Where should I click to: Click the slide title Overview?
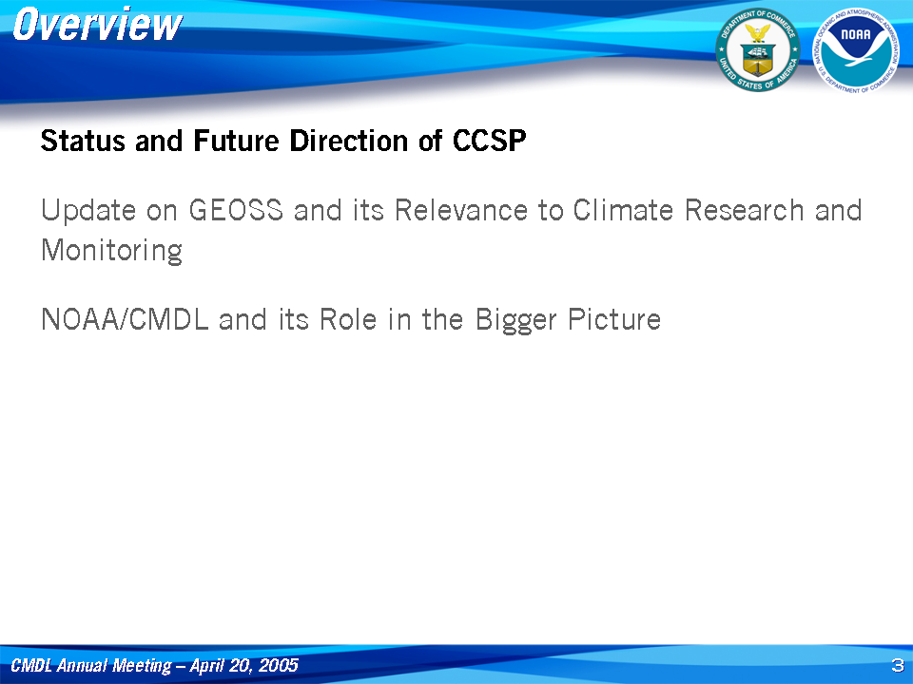[97, 25]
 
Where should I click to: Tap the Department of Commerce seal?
[758, 50]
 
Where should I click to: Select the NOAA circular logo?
[856, 50]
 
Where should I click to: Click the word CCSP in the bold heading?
[489, 141]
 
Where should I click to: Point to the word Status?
[83, 141]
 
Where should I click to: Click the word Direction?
[348, 141]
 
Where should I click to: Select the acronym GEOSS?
[236, 210]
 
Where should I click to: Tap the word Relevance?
[461, 210]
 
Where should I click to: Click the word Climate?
[623, 210]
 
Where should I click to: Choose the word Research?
[744, 210]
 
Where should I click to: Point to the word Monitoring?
[112, 251]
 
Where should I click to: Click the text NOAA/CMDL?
[125, 319]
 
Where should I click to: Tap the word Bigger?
[515, 320]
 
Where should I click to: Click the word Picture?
[614, 319]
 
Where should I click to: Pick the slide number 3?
[897, 665]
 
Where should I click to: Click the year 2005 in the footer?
[278, 665]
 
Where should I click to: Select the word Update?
[87, 211]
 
